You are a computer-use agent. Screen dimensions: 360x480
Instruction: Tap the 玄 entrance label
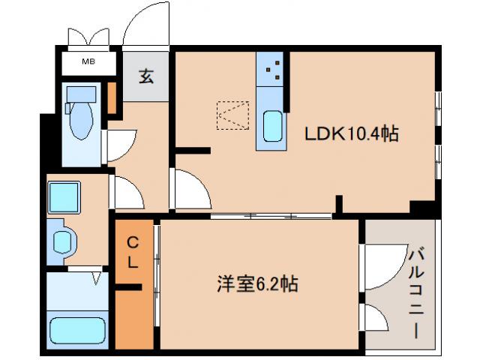pos(146,76)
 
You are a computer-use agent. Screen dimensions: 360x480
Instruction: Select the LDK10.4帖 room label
pos(350,134)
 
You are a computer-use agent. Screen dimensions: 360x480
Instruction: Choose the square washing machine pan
pos(63,196)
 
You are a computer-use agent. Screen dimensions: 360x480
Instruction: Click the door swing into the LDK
pos(190,190)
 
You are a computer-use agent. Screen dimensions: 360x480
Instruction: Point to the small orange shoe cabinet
pos(112,97)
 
